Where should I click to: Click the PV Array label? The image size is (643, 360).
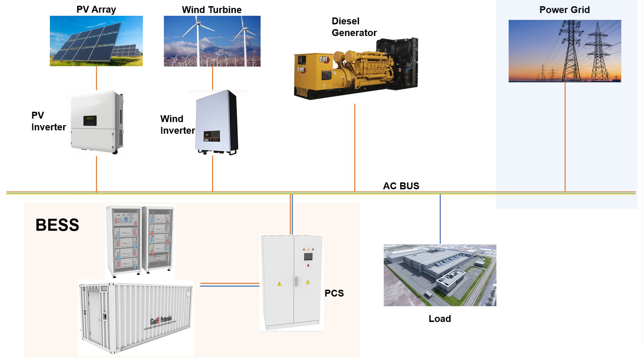96,9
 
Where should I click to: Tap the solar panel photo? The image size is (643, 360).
96,41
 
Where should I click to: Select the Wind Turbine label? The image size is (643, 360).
212,10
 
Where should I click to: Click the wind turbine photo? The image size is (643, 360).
212,41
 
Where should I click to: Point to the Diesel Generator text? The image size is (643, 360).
353,27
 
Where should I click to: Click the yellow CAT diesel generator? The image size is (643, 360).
355,70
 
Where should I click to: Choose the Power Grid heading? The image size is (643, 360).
564,10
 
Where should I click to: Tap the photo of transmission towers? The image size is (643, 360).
564,51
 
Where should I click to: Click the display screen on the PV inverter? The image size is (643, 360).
90,121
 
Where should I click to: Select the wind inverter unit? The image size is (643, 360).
217,122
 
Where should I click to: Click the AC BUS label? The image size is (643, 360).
401,186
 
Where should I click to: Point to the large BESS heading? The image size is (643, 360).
57,225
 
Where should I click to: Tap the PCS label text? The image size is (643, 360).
334,293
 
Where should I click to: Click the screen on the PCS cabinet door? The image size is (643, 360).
308,257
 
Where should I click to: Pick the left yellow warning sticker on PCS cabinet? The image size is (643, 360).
279,284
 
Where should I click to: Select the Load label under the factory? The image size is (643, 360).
440,319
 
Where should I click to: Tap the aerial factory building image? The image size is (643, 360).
440,275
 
